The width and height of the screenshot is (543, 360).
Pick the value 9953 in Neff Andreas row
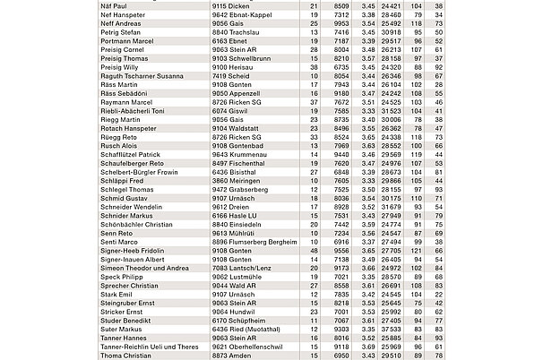point(341,24)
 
